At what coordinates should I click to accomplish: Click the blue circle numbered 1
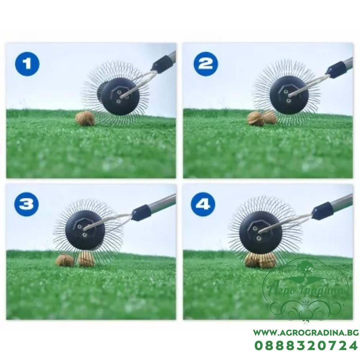[27, 64]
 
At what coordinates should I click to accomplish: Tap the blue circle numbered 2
[205, 64]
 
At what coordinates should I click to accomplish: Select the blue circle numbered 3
[26, 204]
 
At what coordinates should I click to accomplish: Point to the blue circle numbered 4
[203, 204]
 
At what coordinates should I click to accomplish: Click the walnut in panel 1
[85, 118]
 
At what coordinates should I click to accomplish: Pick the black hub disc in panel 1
[120, 96]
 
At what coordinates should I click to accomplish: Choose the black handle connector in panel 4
[323, 210]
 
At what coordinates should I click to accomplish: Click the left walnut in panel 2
[255, 119]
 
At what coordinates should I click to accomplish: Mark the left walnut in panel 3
[65, 260]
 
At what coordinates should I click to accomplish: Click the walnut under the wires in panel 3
[86, 258]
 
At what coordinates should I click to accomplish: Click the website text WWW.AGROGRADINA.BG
[306, 333]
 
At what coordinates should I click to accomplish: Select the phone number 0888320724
[306, 346]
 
